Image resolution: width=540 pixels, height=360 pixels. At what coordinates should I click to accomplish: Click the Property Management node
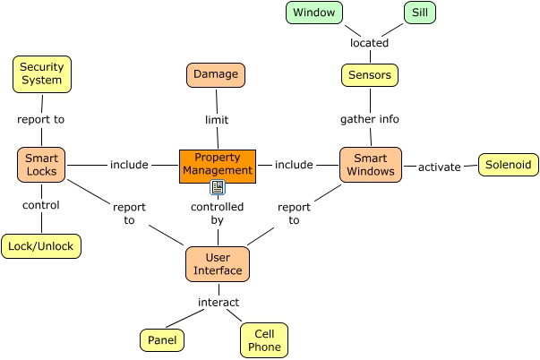point(218,165)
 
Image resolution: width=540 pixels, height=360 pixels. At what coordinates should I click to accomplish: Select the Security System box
point(41,73)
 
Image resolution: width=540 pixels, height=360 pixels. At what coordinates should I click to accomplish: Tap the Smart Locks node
point(41,165)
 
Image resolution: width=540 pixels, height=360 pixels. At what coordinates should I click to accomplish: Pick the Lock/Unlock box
point(41,246)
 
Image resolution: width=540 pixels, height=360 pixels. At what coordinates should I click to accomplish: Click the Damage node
point(216,74)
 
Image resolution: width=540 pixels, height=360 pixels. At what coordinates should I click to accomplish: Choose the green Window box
point(313,13)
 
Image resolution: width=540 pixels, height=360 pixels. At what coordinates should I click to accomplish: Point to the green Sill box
point(418,13)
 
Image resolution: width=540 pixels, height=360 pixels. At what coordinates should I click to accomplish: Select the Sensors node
point(370,75)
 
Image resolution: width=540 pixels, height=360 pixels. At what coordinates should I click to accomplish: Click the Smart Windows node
point(370,165)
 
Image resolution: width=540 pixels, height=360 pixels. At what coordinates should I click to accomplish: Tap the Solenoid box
point(508,165)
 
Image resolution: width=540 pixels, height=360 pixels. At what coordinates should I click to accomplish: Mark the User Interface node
point(218,264)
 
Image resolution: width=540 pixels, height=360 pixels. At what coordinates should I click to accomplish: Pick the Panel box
point(162,340)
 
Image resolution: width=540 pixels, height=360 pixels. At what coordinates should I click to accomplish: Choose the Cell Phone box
point(264,340)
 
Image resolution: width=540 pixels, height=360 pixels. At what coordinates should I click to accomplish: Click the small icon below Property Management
point(217,187)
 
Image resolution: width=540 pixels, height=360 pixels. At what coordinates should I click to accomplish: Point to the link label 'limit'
point(216,118)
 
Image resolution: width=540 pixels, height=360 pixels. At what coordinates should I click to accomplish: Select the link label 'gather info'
point(370,118)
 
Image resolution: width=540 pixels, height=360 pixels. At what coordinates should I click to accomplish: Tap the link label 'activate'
point(439,167)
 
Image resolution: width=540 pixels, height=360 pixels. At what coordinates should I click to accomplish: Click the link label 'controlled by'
point(218,213)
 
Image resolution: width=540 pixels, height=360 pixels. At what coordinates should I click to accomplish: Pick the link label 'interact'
point(218,302)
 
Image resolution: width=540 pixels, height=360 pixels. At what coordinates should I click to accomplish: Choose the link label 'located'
point(369,42)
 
